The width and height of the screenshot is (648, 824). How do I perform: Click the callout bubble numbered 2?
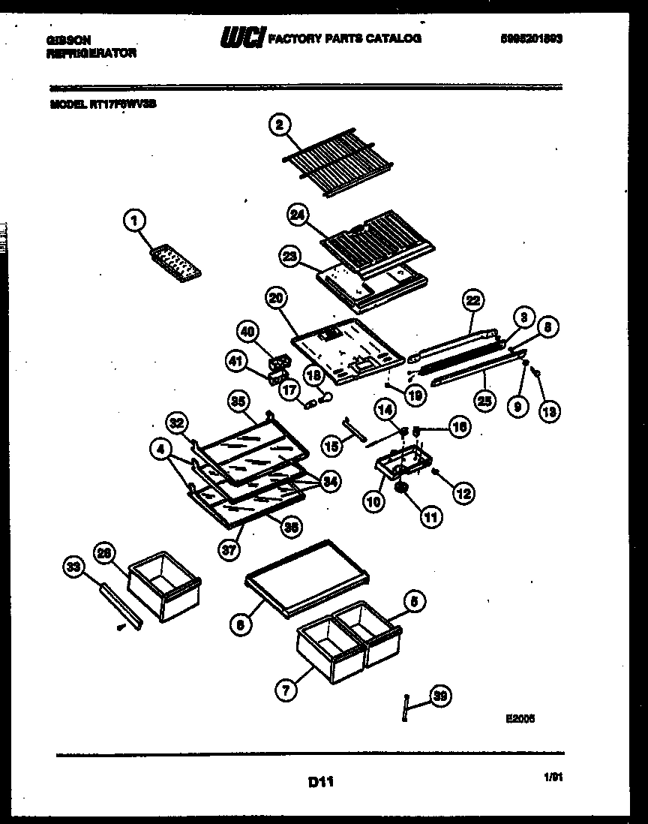click(x=279, y=126)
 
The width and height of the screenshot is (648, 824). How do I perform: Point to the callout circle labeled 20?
click(x=277, y=298)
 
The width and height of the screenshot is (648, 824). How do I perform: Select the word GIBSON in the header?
click(x=64, y=40)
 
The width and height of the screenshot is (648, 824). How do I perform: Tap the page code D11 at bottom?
click(x=320, y=783)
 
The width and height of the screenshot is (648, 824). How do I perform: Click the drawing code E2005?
click(x=520, y=717)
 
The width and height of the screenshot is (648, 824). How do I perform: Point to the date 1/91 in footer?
click(x=553, y=780)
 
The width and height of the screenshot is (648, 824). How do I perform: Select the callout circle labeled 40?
click(x=247, y=330)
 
